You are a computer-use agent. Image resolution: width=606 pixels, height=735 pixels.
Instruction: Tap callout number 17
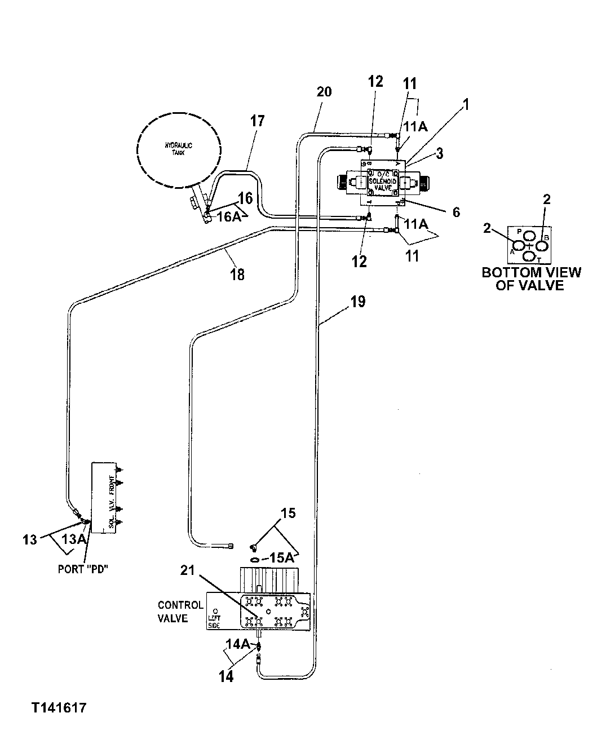pos(257,121)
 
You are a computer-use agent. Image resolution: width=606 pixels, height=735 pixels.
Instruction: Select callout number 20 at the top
pos(324,91)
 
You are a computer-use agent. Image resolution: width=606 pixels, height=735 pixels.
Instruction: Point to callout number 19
pos(357,302)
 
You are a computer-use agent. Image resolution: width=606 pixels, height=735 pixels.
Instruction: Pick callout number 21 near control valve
pos(188,570)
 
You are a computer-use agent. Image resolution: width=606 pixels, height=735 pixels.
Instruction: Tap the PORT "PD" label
pos(83,569)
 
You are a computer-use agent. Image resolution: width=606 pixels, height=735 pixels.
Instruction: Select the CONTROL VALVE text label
pos(180,612)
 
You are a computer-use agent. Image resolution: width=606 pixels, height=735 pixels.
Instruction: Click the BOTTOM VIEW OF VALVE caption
pos(531,279)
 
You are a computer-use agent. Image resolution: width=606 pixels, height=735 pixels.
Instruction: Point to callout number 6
pos(456,212)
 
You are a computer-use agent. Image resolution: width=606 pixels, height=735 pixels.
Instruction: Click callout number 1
pos(466,105)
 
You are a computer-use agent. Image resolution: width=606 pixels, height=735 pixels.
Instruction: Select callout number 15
pos(289,513)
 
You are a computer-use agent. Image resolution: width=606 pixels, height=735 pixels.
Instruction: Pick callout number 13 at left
pos(29,539)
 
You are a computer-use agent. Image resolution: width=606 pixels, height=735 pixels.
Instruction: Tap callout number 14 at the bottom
pos(226,677)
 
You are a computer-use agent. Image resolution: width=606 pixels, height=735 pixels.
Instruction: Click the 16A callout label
pos(229,217)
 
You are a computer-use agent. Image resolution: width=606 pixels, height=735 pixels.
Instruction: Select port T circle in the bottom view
pos(529,256)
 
